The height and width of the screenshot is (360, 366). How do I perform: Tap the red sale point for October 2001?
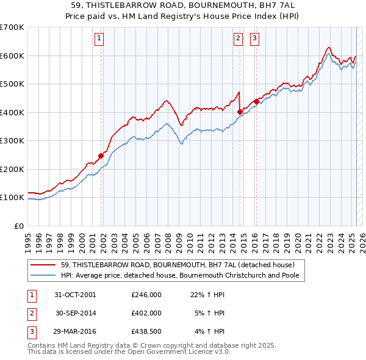tap(101, 156)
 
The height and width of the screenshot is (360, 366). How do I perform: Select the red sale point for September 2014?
tap(240, 112)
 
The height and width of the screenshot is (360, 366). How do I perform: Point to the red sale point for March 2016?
tap(256, 101)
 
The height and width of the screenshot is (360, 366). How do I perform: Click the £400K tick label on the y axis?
tap(12, 112)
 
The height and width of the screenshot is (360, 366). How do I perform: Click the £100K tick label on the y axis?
tap(12, 198)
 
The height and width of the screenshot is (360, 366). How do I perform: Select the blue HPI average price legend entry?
tap(182, 275)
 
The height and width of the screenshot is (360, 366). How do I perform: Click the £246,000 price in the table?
tap(146, 294)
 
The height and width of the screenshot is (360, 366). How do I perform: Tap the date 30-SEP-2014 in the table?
tap(75, 313)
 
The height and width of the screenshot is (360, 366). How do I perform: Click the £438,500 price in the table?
tap(146, 332)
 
